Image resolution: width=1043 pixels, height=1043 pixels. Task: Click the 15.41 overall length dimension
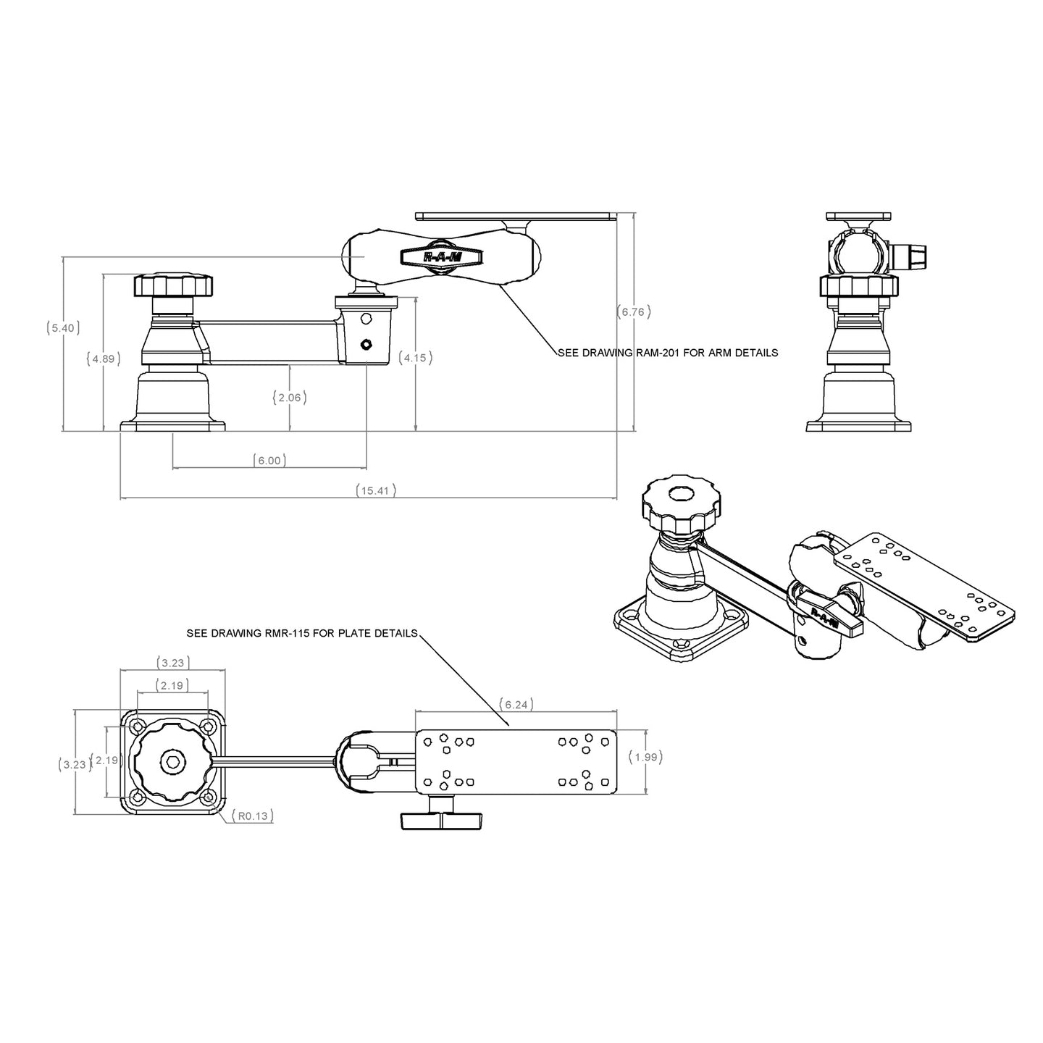[x=376, y=490]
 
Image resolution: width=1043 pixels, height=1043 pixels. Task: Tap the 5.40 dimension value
[x=61, y=327]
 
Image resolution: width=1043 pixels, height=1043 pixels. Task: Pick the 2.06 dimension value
[x=290, y=397]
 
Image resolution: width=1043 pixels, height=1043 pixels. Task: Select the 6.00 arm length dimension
[x=269, y=460]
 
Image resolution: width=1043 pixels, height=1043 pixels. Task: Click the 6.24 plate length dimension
[x=515, y=703]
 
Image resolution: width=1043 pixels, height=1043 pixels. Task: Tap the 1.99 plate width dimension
[x=645, y=757]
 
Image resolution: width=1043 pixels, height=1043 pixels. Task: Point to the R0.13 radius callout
[x=253, y=816]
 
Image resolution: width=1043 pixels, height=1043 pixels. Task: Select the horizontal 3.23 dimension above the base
[x=172, y=662]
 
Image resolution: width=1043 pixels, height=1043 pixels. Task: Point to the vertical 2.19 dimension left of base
[x=106, y=760]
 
